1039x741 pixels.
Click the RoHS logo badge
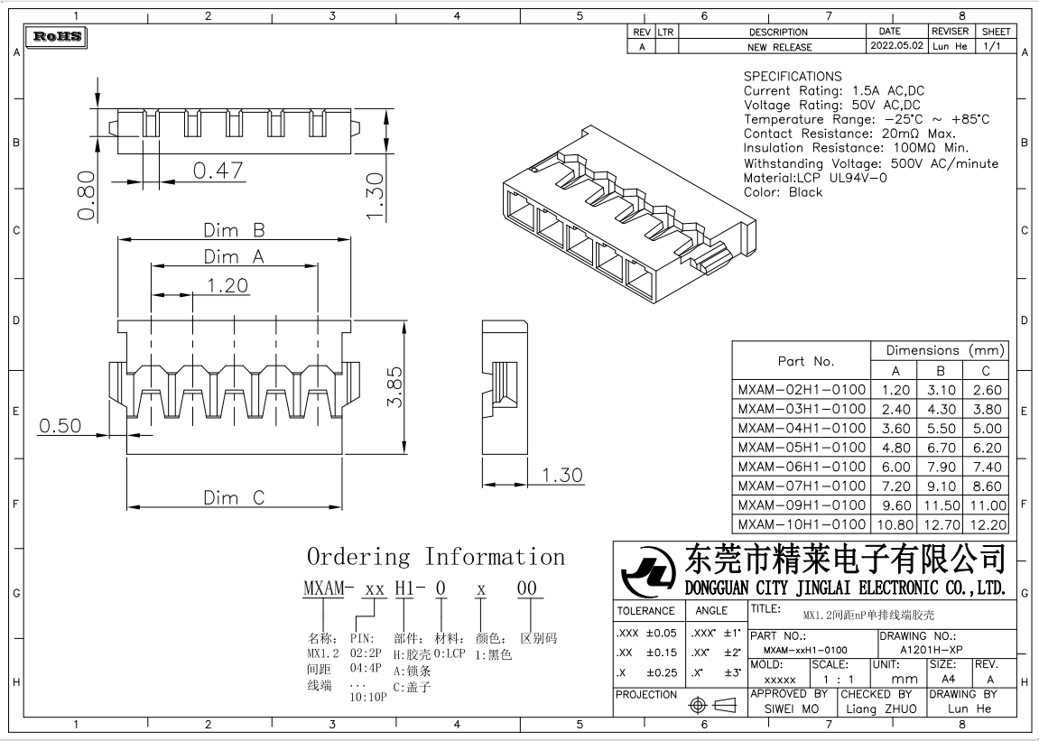[58, 37]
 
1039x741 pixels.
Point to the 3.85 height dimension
[393, 387]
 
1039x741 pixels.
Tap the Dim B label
[233, 230]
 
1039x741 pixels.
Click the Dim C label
[234, 497]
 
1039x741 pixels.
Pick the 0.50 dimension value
[60, 426]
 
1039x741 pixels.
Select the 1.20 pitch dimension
[227, 285]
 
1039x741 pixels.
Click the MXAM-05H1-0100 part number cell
[802, 448]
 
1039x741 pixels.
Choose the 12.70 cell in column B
[941, 524]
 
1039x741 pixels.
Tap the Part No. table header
[805, 361]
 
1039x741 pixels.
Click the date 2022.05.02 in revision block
[896, 46]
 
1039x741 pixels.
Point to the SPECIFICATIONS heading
[793, 77]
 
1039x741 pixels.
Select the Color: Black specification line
[783, 192]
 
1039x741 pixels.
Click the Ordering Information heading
[436, 557]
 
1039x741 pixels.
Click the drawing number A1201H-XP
[932, 650]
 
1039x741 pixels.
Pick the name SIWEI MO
[791, 709]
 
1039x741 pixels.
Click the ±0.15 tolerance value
[661, 653]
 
